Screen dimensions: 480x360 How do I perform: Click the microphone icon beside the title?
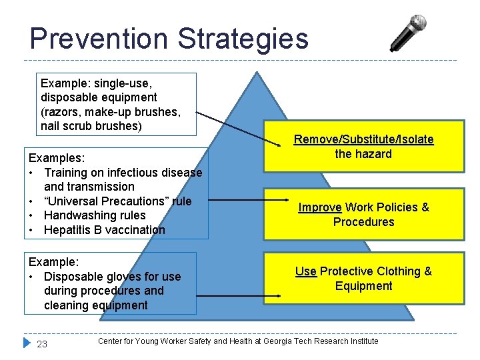(408, 33)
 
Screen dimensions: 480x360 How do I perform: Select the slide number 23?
(42, 344)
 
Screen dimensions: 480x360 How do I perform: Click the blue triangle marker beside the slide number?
(27, 343)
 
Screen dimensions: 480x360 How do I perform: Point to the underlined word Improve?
(319, 207)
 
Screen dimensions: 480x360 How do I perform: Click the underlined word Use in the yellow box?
(306, 271)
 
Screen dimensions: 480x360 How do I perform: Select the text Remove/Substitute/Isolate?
(364, 139)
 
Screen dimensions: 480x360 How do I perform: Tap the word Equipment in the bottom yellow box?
(364, 286)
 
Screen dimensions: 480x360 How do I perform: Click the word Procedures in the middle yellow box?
(364, 222)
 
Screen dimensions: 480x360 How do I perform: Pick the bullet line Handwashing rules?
(95, 215)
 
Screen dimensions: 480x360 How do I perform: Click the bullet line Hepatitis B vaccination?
(105, 230)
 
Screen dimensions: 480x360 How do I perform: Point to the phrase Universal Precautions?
(114, 201)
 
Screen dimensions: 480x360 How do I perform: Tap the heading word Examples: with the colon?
(57, 158)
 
